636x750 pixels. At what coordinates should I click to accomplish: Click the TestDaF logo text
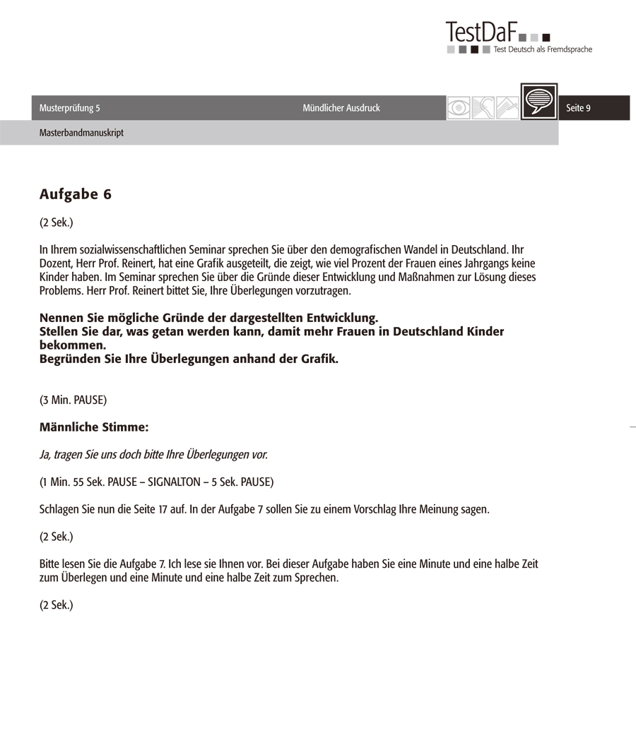[x=481, y=32]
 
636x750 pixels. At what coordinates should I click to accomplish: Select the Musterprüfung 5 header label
[x=70, y=108]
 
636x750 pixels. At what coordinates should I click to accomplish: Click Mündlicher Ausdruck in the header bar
[x=341, y=108]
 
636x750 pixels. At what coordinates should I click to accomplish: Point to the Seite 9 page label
[x=578, y=108]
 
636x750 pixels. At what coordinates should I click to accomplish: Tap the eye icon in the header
[x=459, y=108]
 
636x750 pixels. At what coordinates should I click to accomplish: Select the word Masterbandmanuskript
[x=81, y=132]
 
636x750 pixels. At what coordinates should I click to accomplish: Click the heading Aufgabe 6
[x=75, y=195]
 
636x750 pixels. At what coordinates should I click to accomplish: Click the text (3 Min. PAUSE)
[x=73, y=400]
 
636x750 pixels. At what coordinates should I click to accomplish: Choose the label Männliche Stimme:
[x=94, y=427]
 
